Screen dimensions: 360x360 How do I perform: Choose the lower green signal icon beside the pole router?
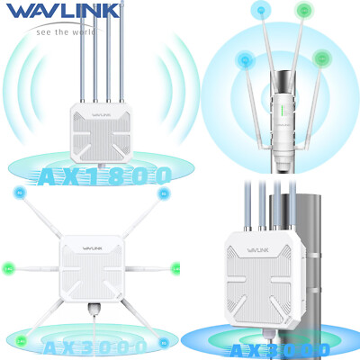pos(321,58)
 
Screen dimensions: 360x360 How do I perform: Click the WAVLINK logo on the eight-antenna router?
pos(87,251)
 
